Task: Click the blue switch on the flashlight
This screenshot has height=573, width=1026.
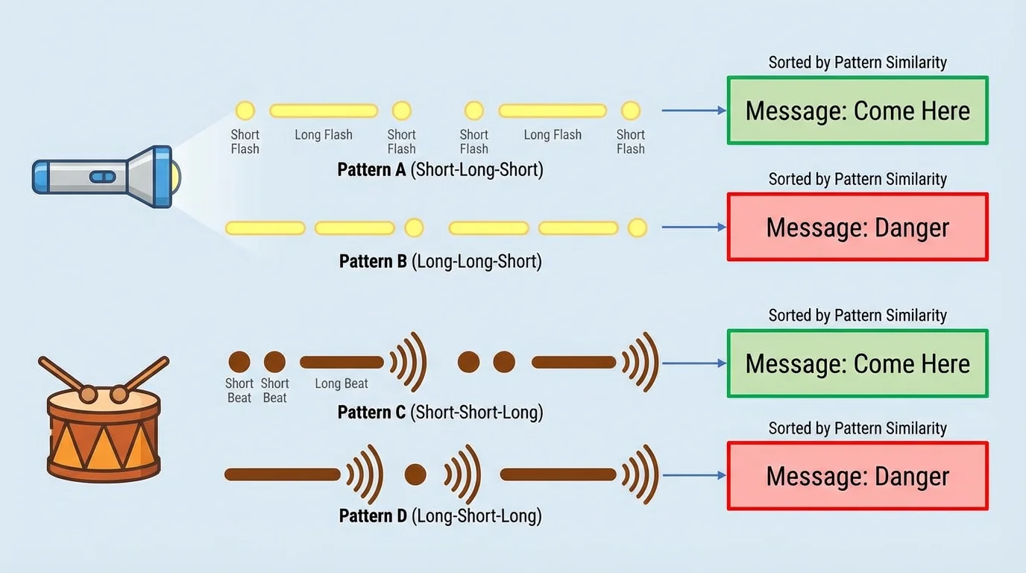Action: pyautogui.click(x=102, y=177)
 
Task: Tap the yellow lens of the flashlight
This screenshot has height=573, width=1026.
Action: pyautogui.click(x=174, y=177)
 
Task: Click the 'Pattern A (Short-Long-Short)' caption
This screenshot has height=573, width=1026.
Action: pyautogui.click(x=440, y=170)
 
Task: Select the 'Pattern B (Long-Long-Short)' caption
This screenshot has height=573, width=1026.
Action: pyautogui.click(x=440, y=262)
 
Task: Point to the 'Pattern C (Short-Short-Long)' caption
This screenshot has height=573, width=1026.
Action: pyautogui.click(x=440, y=413)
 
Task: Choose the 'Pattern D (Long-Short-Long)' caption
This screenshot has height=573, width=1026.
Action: pyautogui.click(x=440, y=516)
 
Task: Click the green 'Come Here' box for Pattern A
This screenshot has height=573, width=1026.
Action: pyautogui.click(x=857, y=110)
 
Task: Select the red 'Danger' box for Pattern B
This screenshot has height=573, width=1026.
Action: pyautogui.click(x=857, y=228)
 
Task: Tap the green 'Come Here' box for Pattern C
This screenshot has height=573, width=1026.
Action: pyautogui.click(x=857, y=363)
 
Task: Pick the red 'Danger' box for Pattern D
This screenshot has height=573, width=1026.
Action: pyautogui.click(x=857, y=476)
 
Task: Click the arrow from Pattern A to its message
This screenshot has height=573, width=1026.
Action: pyautogui.click(x=693, y=110)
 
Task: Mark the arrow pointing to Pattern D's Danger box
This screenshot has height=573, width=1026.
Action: pyautogui.click(x=693, y=475)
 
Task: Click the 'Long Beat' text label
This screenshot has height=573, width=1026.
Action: pyautogui.click(x=342, y=383)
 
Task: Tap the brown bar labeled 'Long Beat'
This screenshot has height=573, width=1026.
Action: pyautogui.click(x=342, y=363)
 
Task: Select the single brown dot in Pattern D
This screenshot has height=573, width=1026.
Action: pyautogui.click(x=415, y=475)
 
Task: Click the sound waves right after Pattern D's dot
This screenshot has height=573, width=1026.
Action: pyautogui.click(x=462, y=475)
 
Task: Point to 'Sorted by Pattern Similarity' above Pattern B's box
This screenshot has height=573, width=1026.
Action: pyautogui.click(x=857, y=179)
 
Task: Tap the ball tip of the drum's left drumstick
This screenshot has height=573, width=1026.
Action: pyautogui.click(x=88, y=393)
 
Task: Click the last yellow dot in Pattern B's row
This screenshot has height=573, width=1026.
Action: pyautogui.click(x=637, y=228)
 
